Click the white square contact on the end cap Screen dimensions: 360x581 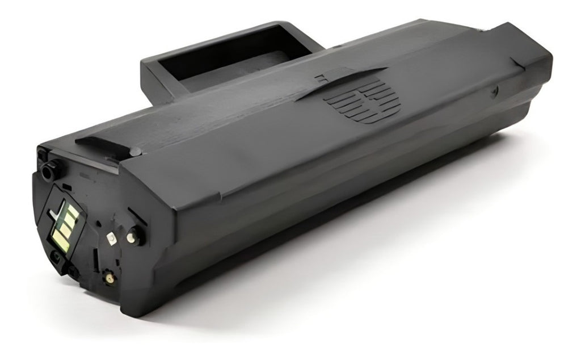pyautogui.click(x=111, y=239)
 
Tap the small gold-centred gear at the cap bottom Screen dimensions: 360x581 pyautogui.click(x=108, y=278)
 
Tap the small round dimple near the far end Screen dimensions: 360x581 pyautogui.click(x=495, y=89)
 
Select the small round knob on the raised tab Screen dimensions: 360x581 pyautogui.click(x=134, y=151)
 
